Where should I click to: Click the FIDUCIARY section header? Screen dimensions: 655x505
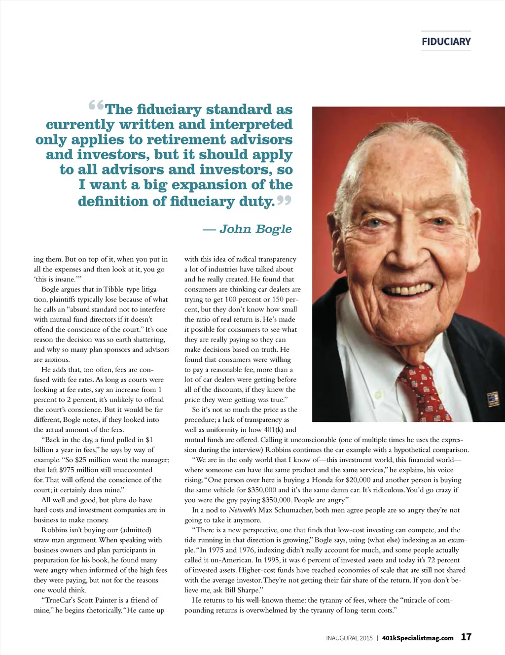[446, 41]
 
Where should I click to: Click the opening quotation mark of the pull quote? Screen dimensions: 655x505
[96, 106]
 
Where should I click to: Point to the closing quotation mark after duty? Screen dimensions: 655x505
[284, 200]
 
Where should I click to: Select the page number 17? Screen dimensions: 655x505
[466, 637]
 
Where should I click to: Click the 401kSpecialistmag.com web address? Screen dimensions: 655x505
[418, 638]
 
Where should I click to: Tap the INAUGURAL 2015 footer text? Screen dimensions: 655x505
[349, 638]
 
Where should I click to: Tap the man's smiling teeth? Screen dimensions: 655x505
[405, 290]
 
